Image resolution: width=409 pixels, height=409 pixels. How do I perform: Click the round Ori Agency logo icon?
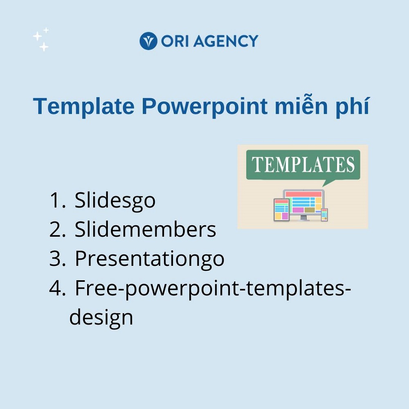tap(148, 41)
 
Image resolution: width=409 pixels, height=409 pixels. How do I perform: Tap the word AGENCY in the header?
tap(226, 41)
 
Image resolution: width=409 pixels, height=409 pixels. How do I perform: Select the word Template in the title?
tap(84, 106)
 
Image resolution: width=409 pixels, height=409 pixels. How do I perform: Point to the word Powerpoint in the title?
tap(205, 106)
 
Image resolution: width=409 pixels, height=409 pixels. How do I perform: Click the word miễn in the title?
tap(301, 106)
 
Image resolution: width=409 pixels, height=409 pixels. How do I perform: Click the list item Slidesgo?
tap(115, 200)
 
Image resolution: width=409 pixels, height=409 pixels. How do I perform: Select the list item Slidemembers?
tap(145, 229)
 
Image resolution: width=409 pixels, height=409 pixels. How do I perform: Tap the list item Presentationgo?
tap(150, 259)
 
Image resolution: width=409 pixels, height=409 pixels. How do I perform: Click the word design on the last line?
tap(101, 317)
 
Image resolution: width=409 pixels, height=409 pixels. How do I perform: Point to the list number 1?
tap(57, 200)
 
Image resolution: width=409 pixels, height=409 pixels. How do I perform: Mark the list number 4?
tap(57, 288)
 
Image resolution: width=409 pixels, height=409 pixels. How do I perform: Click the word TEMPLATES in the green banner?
tap(303, 164)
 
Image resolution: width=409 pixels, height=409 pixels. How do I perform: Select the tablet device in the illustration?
tap(282, 210)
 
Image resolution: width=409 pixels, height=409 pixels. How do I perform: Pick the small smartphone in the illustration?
tap(324, 215)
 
